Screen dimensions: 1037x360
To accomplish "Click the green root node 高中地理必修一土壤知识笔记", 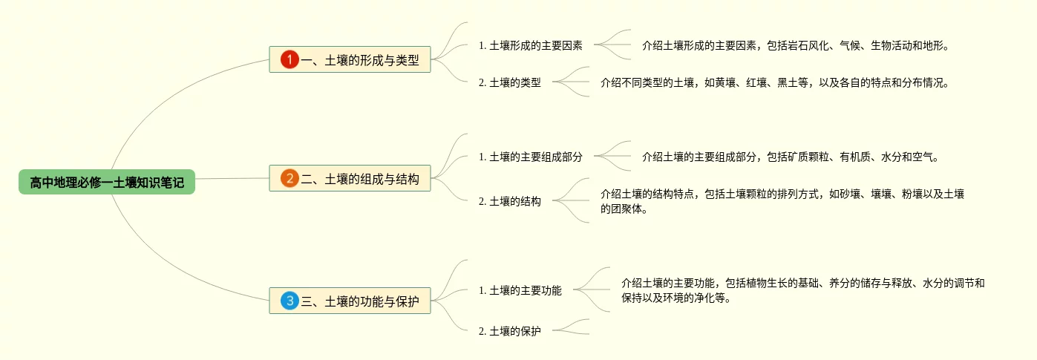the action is coord(107,182).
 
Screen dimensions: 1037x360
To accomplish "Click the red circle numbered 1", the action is coord(289,59).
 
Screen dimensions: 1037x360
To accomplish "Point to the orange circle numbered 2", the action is coord(289,178).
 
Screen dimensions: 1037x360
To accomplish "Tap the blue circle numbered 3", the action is coord(289,301).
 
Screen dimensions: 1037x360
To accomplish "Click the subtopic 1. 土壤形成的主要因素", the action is coord(530,45).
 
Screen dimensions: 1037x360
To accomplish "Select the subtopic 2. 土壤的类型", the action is coord(509,83).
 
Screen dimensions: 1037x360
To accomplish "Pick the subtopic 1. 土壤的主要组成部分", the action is coord(530,157).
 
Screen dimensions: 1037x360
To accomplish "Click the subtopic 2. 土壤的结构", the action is coord(509,201).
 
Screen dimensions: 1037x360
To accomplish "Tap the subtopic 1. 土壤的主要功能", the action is coord(520,291).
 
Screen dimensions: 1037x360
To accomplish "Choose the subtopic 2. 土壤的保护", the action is coord(509,331).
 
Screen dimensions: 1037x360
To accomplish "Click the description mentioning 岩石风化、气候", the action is coord(795,45).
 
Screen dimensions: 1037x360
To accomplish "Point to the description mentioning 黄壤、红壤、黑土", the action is coord(774,83).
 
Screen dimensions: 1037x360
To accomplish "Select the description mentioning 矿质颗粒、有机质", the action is coord(790,157).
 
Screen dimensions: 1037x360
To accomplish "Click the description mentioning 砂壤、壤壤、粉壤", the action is coord(782,194).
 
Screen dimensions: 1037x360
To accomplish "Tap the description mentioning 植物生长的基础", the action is coord(802,284).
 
